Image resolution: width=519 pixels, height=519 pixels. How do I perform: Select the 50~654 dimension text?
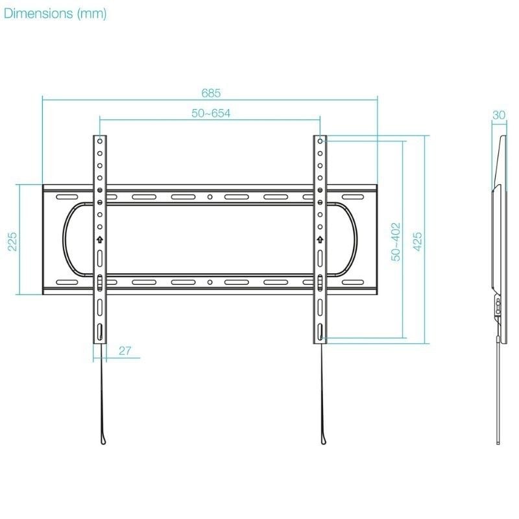pyautogui.click(x=211, y=113)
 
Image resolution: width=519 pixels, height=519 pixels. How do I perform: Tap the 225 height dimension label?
pyautogui.click(x=12, y=241)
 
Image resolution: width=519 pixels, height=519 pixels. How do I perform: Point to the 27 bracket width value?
pyautogui.click(x=125, y=351)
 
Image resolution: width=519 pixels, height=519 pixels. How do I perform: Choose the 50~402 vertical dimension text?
pyautogui.click(x=396, y=241)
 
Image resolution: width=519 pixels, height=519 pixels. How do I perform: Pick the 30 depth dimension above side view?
pyautogui.click(x=498, y=115)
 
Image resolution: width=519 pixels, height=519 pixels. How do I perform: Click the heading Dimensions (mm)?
pyautogui.click(x=54, y=14)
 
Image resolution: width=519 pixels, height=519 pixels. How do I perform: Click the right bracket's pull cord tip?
pyautogui.click(x=324, y=441)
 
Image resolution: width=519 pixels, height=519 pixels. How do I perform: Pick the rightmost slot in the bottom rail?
pyautogui.click(x=353, y=282)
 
